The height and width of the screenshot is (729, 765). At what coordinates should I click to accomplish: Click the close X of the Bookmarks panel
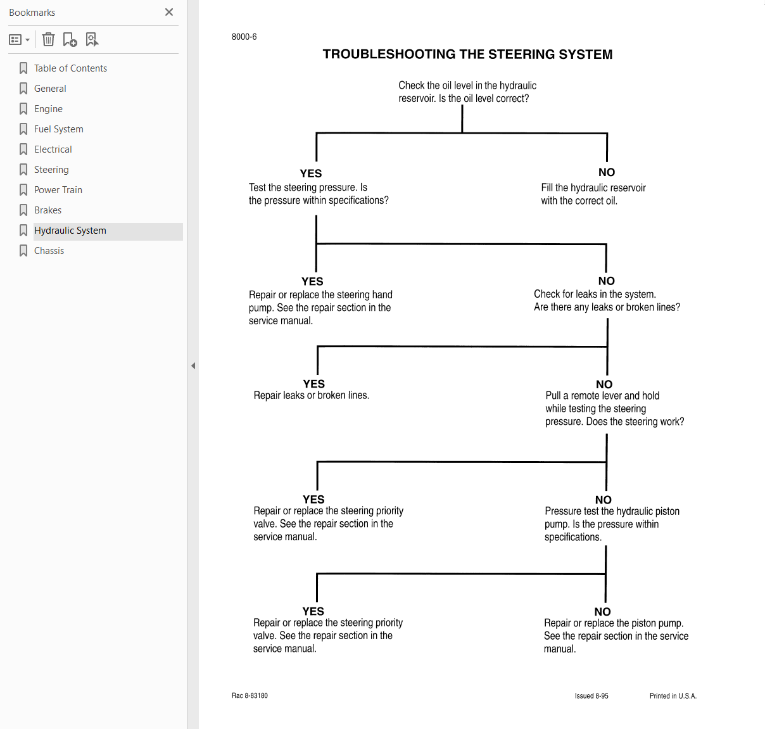click(x=169, y=12)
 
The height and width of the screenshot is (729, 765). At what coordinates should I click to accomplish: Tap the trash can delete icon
click(x=48, y=39)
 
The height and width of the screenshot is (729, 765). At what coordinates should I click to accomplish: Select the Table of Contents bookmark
click(x=70, y=68)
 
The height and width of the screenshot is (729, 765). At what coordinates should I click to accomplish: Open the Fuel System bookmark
click(x=58, y=129)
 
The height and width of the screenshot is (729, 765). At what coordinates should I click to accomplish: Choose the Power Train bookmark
click(x=58, y=189)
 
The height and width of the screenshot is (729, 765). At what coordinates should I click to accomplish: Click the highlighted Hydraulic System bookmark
click(x=70, y=231)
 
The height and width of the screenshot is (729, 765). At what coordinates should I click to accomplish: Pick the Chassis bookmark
click(x=49, y=251)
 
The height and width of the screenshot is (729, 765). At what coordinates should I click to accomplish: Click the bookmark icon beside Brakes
click(x=23, y=210)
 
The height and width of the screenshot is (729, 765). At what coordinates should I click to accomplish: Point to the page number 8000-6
click(x=244, y=37)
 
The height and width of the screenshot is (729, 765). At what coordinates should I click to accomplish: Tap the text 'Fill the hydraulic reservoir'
click(x=593, y=187)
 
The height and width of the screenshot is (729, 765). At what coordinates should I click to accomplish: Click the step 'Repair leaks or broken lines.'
click(x=312, y=395)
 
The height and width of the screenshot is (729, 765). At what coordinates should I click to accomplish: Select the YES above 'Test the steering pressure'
click(x=310, y=173)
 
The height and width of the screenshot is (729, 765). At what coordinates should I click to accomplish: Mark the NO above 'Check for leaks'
click(x=606, y=281)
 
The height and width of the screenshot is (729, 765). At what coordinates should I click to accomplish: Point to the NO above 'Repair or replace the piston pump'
click(x=602, y=611)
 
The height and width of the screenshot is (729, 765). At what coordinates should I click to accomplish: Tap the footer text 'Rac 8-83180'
click(x=250, y=695)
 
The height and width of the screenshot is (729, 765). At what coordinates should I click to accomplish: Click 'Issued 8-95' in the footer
click(x=591, y=696)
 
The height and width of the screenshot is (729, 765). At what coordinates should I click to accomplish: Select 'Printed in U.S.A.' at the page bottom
click(x=673, y=696)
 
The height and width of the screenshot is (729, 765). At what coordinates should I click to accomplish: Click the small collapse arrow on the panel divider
click(x=193, y=365)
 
